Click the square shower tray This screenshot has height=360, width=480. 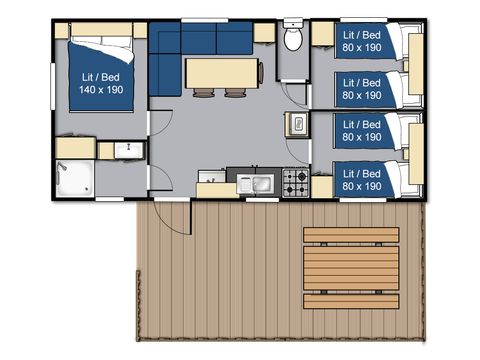click(x=74, y=177)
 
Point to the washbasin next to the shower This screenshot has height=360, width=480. click(x=124, y=151)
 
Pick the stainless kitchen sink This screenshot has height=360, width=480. click(x=260, y=183)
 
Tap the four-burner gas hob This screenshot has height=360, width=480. click(x=296, y=182)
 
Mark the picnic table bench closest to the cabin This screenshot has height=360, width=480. click(x=350, y=236)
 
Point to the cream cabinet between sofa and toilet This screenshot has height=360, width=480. click(x=264, y=32)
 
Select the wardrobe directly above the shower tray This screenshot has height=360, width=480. click(x=74, y=148)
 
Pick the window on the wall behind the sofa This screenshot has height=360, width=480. click(x=200, y=20)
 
